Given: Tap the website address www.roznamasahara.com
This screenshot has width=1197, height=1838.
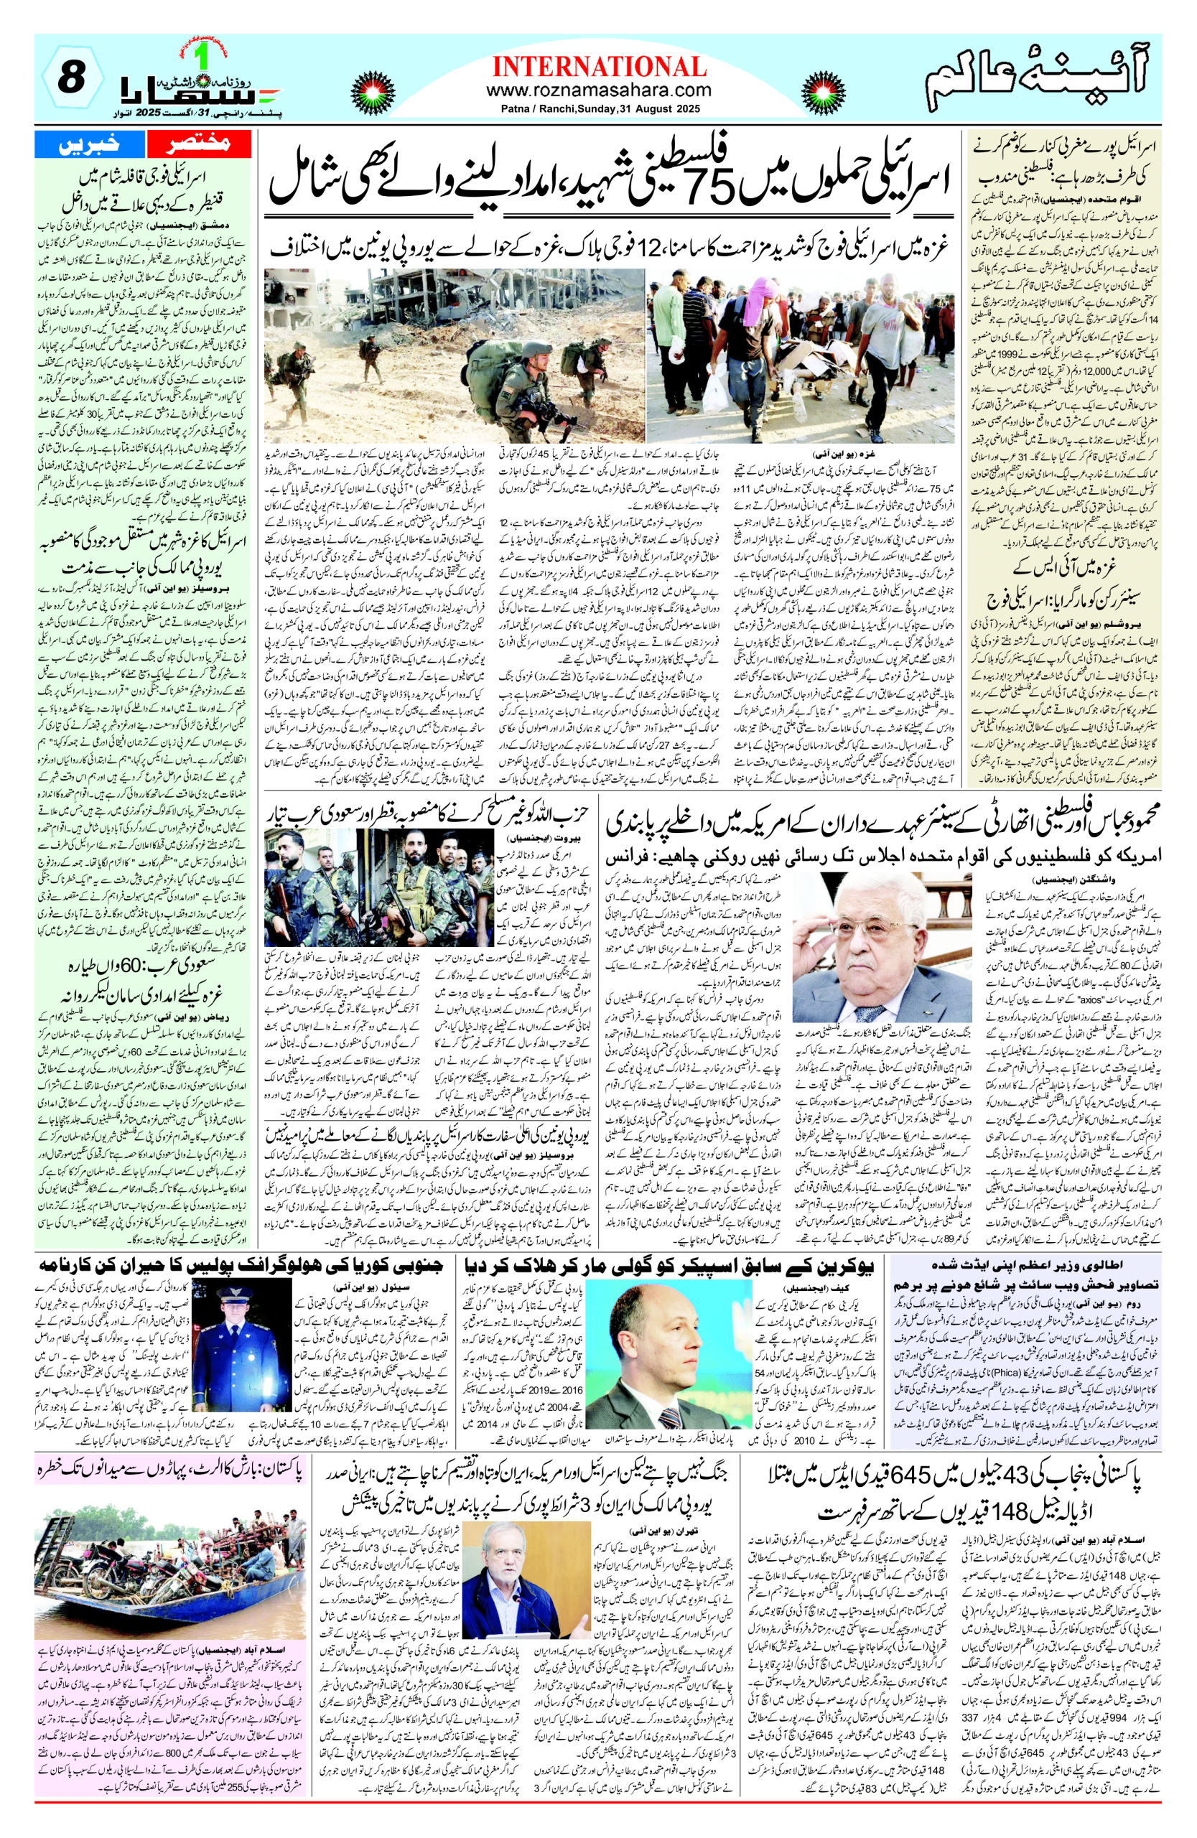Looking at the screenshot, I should click(599, 90).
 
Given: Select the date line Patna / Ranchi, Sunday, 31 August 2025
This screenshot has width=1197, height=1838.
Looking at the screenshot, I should click(599, 109).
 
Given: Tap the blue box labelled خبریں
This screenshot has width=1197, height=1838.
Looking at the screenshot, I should click(90, 143).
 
